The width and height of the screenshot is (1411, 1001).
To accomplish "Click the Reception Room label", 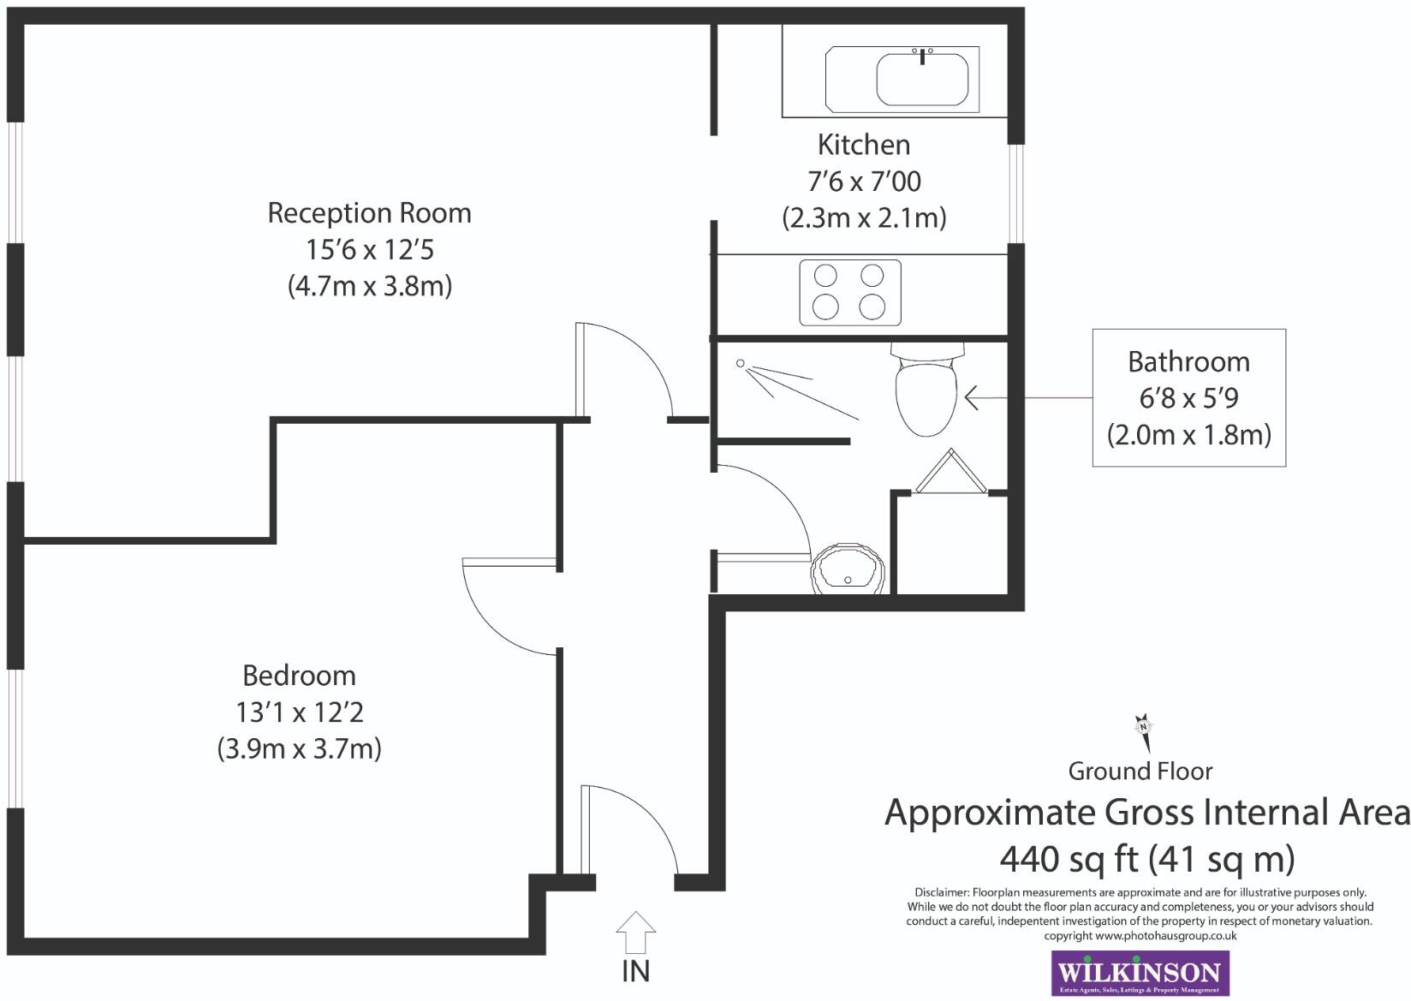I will pyautogui.click(x=369, y=212).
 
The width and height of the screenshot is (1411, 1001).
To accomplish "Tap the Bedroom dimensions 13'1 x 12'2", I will pyautogui.click(x=299, y=712).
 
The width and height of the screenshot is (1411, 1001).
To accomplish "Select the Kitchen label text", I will pyautogui.click(x=863, y=144).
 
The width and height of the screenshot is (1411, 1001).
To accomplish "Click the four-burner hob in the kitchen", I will pyautogui.click(x=849, y=292).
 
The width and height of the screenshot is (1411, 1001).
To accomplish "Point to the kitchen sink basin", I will pyautogui.click(x=921, y=79).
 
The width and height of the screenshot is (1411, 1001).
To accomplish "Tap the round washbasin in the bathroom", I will pyautogui.click(x=848, y=569).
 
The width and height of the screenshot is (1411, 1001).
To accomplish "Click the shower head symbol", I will pyautogui.click(x=741, y=364).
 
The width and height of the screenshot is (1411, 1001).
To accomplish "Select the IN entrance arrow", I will pyautogui.click(x=635, y=932).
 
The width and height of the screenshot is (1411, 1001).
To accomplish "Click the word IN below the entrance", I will pyautogui.click(x=635, y=971).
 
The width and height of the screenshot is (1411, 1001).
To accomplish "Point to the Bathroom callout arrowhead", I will pyautogui.click(x=971, y=397).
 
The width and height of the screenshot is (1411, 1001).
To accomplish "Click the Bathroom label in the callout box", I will pyautogui.click(x=1188, y=361).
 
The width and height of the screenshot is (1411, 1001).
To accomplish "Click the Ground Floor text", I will pyautogui.click(x=1140, y=771).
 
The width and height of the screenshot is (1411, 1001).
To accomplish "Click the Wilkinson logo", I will pyautogui.click(x=1139, y=973).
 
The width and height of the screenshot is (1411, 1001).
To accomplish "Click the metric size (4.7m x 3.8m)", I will pyautogui.click(x=369, y=285).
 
